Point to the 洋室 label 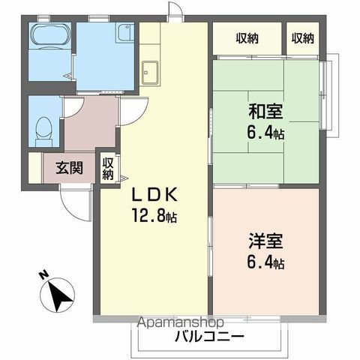[x=267, y=243]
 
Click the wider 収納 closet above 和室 [x=247, y=38]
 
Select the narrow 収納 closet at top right [x=303, y=38]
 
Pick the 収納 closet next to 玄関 [x=109, y=168]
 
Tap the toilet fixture [x=43, y=129]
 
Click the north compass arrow [x=58, y=295]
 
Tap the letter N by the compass [x=43, y=275]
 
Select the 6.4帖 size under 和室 [x=267, y=134]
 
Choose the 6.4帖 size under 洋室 [x=267, y=263]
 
